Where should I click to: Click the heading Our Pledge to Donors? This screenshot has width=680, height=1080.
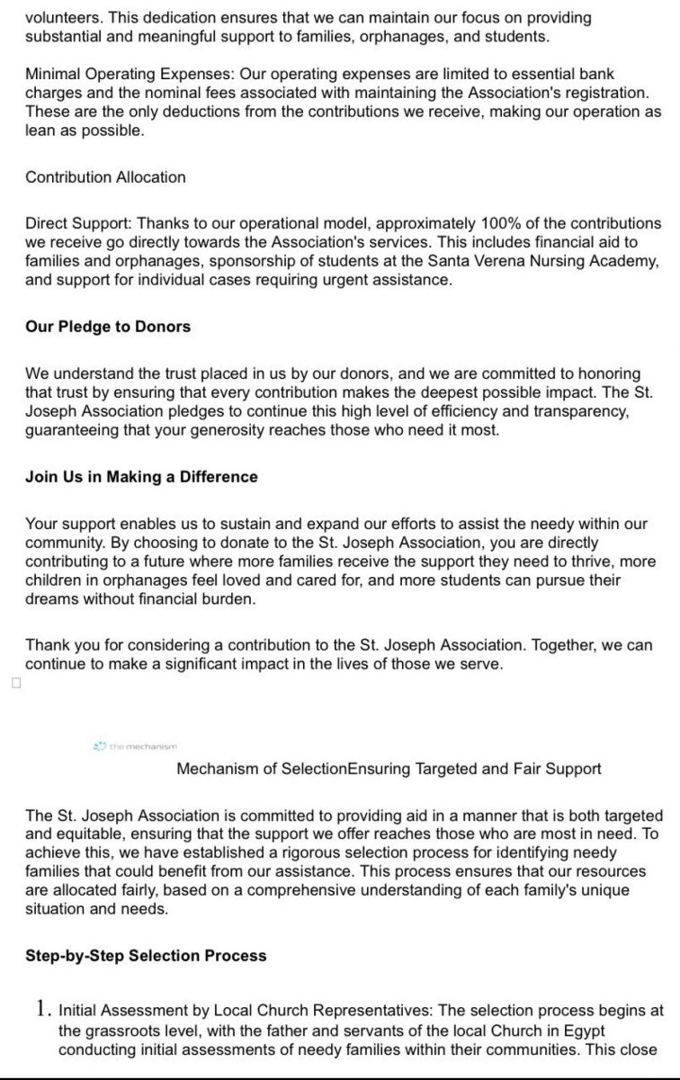108,327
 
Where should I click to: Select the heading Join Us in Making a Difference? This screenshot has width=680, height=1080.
141,477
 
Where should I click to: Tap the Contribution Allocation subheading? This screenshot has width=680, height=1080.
105,176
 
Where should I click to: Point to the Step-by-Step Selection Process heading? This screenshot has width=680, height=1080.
146,955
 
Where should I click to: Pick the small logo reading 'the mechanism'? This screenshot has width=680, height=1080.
136,746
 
